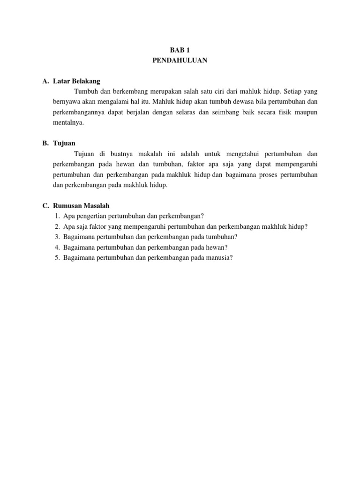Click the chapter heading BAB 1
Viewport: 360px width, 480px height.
(x=180, y=49)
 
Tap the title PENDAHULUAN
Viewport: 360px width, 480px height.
(x=180, y=60)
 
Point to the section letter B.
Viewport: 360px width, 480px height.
(x=45, y=143)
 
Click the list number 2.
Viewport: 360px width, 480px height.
(x=57, y=226)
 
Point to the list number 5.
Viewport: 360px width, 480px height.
(x=57, y=257)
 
